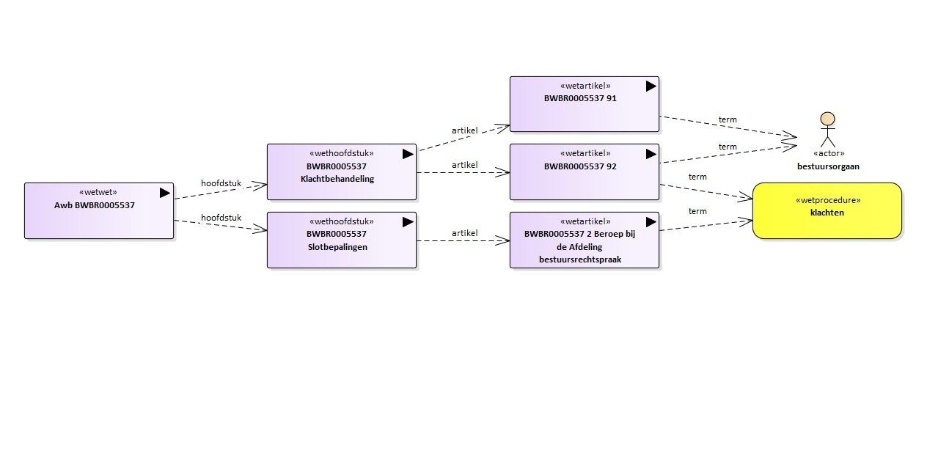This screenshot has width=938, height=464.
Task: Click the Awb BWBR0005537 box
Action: pyautogui.click(x=99, y=211)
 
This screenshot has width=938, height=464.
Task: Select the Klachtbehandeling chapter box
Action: pyautogui.click(x=342, y=172)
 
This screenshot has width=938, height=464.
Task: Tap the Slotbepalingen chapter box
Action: pyautogui.click(x=342, y=240)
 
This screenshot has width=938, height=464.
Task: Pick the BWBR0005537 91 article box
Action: pyautogui.click(x=585, y=104)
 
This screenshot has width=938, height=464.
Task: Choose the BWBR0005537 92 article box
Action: pyautogui.click(x=585, y=172)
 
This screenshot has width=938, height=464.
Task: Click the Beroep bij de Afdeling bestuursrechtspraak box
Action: pyautogui.click(x=585, y=240)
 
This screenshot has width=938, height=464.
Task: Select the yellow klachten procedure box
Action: pyautogui.click(x=827, y=211)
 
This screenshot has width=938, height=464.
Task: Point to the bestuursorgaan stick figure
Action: pyautogui.click(x=828, y=130)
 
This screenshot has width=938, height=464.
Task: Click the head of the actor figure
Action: pyautogui.click(x=828, y=119)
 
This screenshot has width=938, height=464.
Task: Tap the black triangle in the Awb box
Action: pyautogui.click(x=165, y=193)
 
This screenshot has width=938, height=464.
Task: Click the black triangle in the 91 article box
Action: pyautogui.click(x=651, y=86)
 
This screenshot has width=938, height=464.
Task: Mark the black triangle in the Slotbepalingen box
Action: pyautogui.click(x=408, y=222)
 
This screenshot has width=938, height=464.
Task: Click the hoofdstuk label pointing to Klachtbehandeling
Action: pyautogui.click(x=221, y=183)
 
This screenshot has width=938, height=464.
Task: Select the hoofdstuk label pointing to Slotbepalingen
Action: pyautogui.click(x=221, y=218)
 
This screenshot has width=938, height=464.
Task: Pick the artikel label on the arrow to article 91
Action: pyautogui.click(x=464, y=130)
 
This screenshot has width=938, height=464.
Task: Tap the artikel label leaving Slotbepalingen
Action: pyautogui.click(x=464, y=233)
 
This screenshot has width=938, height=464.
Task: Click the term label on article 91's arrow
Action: pyautogui.click(x=728, y=119)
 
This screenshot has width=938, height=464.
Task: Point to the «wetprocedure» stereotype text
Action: pyautogui.click(x=828, y=200)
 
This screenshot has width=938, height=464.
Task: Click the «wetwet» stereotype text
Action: pyautogui.click(x=98, y=193)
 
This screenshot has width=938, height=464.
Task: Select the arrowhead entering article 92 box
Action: pyautogui.click(x=502, y=172)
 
